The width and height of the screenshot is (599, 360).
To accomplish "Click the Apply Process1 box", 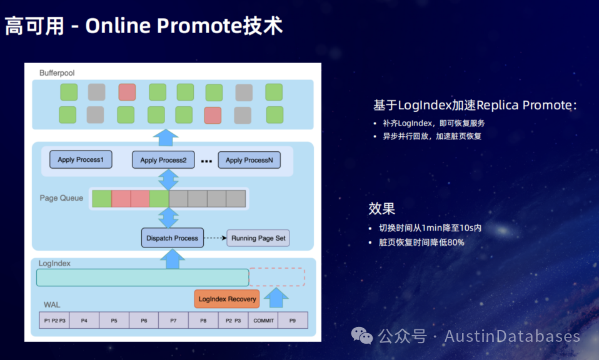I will point(81,159).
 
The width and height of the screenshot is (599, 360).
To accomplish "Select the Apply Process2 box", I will point(163,160).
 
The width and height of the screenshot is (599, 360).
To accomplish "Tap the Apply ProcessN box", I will point(249,160).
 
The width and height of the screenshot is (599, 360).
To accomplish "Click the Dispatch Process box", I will point(172,238).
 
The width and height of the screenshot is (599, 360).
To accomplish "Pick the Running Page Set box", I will point(258,238).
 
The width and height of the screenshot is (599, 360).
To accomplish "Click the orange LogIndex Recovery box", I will point(227,299).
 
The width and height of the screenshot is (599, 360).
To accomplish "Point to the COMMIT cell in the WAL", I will point(263,321).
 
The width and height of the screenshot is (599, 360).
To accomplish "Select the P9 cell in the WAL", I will point(293,321).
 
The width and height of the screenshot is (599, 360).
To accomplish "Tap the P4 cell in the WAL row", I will point(84,321).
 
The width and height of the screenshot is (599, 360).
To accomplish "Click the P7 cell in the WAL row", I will point(173,321).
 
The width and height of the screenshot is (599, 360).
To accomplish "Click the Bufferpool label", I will point(57,73).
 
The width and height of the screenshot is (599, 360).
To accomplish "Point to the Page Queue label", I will point(61,198).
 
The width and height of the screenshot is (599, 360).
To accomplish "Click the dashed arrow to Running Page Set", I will point(215,238).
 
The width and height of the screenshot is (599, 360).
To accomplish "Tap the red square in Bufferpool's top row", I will point(127,92).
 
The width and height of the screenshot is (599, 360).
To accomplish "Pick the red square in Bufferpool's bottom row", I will point(213,115).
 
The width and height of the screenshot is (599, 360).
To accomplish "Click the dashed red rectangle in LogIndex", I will point(277,277).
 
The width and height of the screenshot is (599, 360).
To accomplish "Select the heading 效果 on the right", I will point(381,209).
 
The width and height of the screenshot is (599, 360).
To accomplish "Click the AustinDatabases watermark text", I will point(512,336).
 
